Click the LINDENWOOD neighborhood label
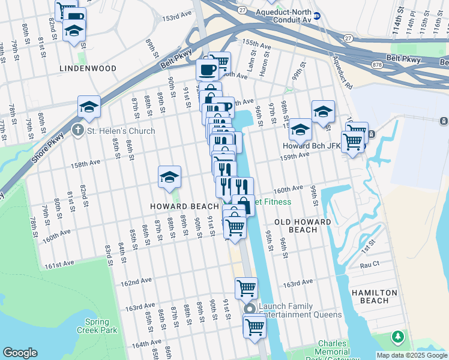pos(88,69)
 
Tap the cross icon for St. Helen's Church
pos(77,130)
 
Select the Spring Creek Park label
pos(97,326)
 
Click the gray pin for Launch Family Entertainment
pos(250,309)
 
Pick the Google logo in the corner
pos(20,353)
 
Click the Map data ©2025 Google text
pos(411,355)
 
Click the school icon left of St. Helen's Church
pos(89,107)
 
